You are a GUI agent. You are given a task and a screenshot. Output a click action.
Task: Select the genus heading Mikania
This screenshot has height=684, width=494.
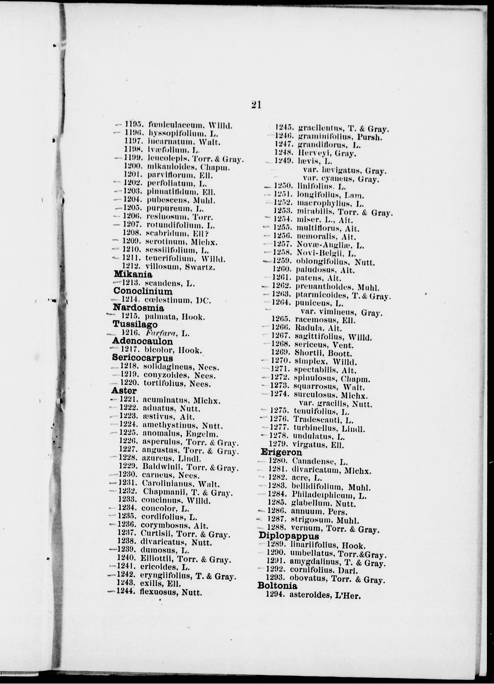click(133, 275)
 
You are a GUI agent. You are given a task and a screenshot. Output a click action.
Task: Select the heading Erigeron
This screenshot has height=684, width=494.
click(281, 452)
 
